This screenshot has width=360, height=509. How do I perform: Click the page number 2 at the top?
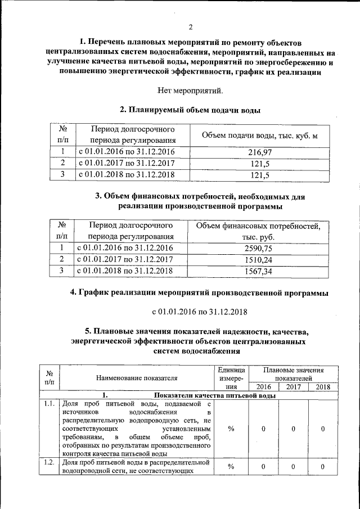pyautogui.click(x=191, y=27)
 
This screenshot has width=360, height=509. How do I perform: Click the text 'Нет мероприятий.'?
pyautogui.click(x=191, y=90)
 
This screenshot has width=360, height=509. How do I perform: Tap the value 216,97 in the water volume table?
pyautogui.click(x=259, y=152)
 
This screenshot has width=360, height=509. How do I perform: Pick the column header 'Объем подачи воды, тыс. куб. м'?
pyautogui.click(x=259, y=135)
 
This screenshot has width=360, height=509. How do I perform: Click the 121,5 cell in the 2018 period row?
pyautogui.click(x=259, y=175)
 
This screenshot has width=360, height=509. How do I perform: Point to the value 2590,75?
pyautogui.click(x=258, y=248)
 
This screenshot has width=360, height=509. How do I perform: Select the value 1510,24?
pyautogui.click(x=258, y=259)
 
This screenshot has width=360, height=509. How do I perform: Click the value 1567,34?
pyautogui.click(x=258, y=271)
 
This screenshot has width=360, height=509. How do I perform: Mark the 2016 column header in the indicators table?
pyautogui.click(x=263, y=387)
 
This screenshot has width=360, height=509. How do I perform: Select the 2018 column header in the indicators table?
pyautogui.click(x=323, y=387)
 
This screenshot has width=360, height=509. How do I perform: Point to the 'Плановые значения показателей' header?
pyautogui.click(x=292, y=374)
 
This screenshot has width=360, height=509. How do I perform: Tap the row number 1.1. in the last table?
pyautogui.click(x=49, y=403)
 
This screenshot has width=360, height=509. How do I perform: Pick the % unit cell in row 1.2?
pyautogui.click(x=231, y=467)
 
